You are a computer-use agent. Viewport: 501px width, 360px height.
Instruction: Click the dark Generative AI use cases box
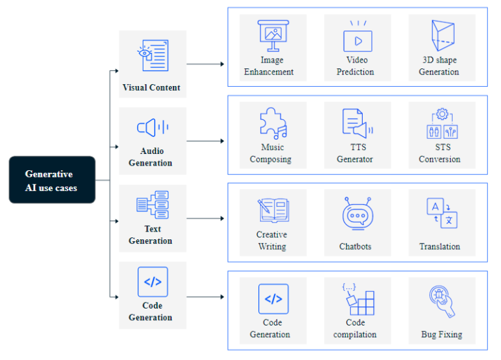click(52, 180)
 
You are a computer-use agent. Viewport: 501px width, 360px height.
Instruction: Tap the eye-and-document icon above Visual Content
click(152, 55)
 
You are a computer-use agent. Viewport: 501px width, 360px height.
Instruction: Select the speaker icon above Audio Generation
click(152, 127)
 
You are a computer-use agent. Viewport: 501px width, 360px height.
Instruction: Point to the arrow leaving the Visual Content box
click(205, 64)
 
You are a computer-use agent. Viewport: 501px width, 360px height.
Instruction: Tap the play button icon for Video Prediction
click(357, 38)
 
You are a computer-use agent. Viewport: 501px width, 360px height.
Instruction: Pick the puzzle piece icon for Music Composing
click(272, 123)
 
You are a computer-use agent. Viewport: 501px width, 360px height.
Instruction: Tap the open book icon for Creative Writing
click(272, 211)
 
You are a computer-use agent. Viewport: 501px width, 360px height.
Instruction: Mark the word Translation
click(440, 247)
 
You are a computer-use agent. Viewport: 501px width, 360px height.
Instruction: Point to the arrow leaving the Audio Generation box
click(205, 141)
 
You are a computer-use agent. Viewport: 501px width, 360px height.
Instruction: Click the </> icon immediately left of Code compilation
click(273, 299)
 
